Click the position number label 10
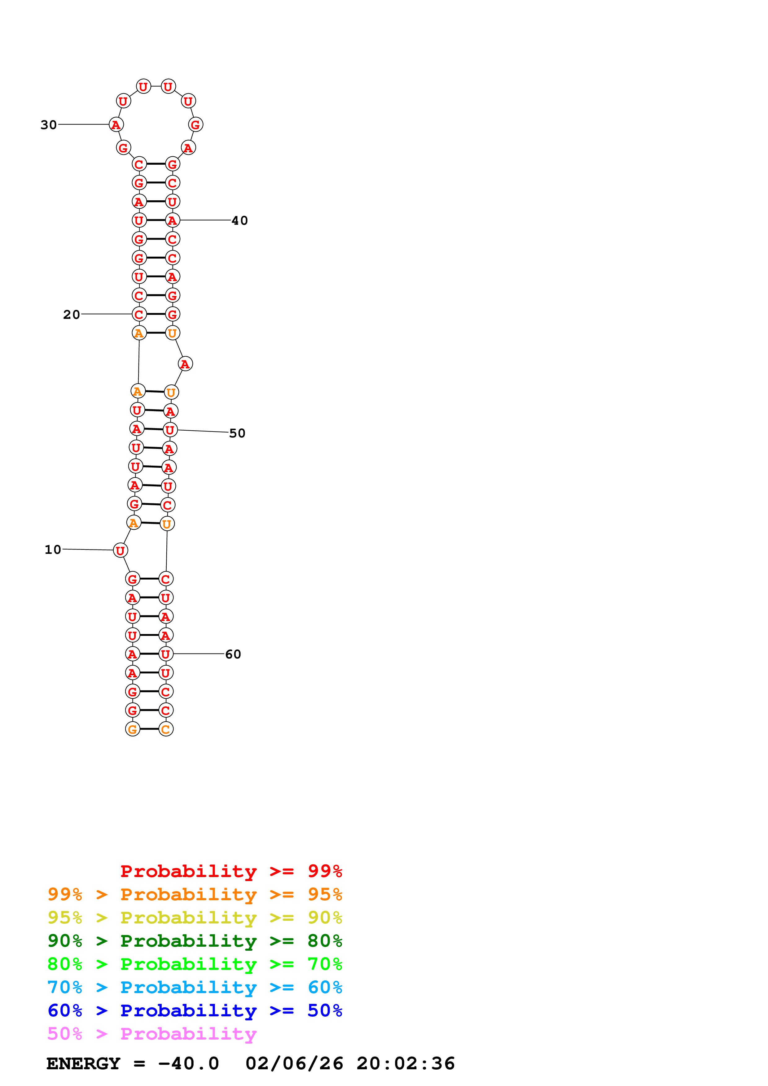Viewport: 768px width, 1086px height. (x=53, y=550)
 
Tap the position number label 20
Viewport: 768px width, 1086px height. (x=72, y=315)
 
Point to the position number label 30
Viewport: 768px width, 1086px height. (x=49, y=125)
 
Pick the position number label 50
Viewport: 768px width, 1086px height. (x=237, y=433)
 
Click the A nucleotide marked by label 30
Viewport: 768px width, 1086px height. (x=116, y=125)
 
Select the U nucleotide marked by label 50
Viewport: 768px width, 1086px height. (x=169, y=430)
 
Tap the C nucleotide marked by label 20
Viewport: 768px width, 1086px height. (x=139, y=315)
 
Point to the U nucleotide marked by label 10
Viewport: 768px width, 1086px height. (x=120, y=550)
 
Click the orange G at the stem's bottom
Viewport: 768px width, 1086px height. (x=133, y=729)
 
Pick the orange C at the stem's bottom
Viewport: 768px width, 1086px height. (x=166, y=729)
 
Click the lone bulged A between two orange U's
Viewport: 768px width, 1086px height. (x=185, y=364)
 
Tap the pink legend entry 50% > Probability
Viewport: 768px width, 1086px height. (x=152, y=1034)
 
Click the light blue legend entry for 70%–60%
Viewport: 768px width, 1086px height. (x=195, y=988)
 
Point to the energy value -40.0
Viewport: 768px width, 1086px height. (x=188, y=1064)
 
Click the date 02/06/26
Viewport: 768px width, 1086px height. (x=294, y=1064)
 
